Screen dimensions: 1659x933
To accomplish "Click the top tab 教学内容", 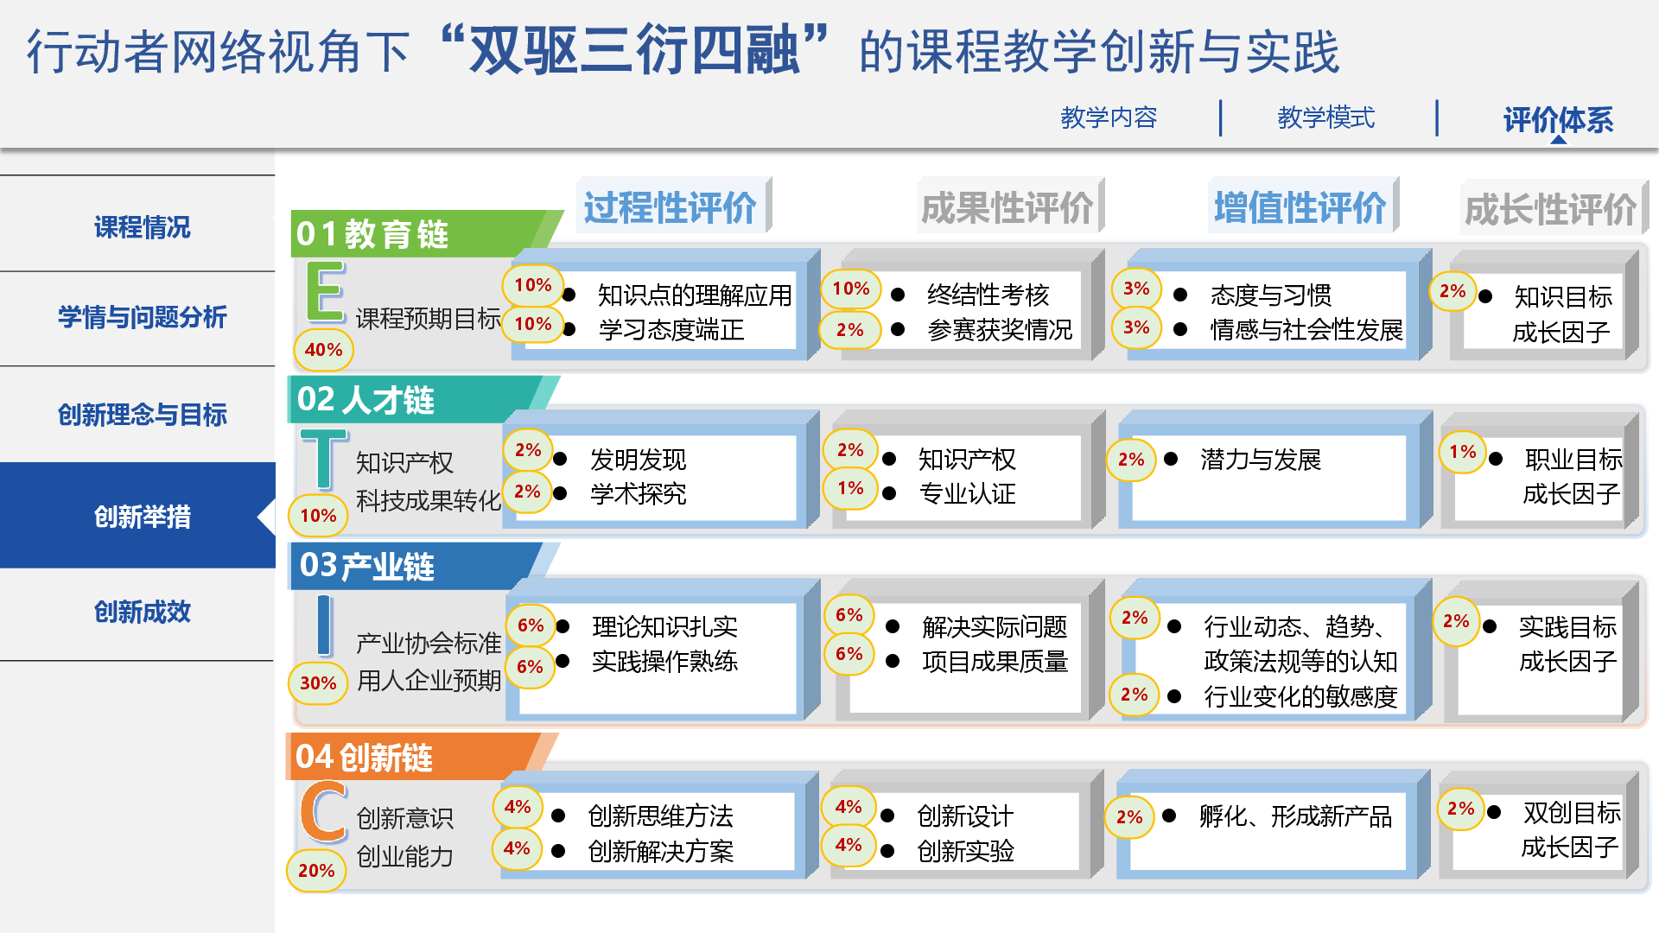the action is pyautogui.click(x=1109, y=117).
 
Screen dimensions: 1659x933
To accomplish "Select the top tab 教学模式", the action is pyautogui.click(x=1325, y=117).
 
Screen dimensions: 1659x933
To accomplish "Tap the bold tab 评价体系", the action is pyautogui.click(x=1558, y=119).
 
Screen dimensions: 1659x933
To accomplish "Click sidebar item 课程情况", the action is pyautogui.click(x=142, y=227).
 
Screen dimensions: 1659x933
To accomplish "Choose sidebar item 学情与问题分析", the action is pyautogui.click(x=142, y=317).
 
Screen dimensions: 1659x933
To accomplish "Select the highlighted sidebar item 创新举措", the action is pyautogui.click(x=142, y=517).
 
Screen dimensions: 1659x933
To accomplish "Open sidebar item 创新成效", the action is pyautogui.click(x=142, y=612).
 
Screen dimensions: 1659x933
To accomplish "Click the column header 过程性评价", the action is pyautogui.click(x=670, y=207).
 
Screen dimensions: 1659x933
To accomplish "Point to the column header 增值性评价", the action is pyautogui.click(x=1300, y=207).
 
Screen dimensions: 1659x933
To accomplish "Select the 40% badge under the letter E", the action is pyautogui.click(x=323, y=350).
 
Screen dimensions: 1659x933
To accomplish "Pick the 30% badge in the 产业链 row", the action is pyautogui.click(x=318, y=683).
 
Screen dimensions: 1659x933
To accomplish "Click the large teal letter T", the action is pyautogui.click(x=324, y=459).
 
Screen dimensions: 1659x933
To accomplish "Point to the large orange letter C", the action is pyautogui.click(x=323, y=811).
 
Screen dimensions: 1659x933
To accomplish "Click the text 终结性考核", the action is pyautogui.click(x=988, y=295).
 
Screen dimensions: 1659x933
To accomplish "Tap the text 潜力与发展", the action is pyautogui.click(x=1261, y=460).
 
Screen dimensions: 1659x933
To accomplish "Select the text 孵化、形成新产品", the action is pyautogui.click(x=1295, y=816).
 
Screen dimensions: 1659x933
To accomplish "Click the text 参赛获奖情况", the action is pyautogui.click(x=1000, y=330).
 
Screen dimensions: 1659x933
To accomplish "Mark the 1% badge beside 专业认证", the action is pyautogui.click(x=850, y=488).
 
